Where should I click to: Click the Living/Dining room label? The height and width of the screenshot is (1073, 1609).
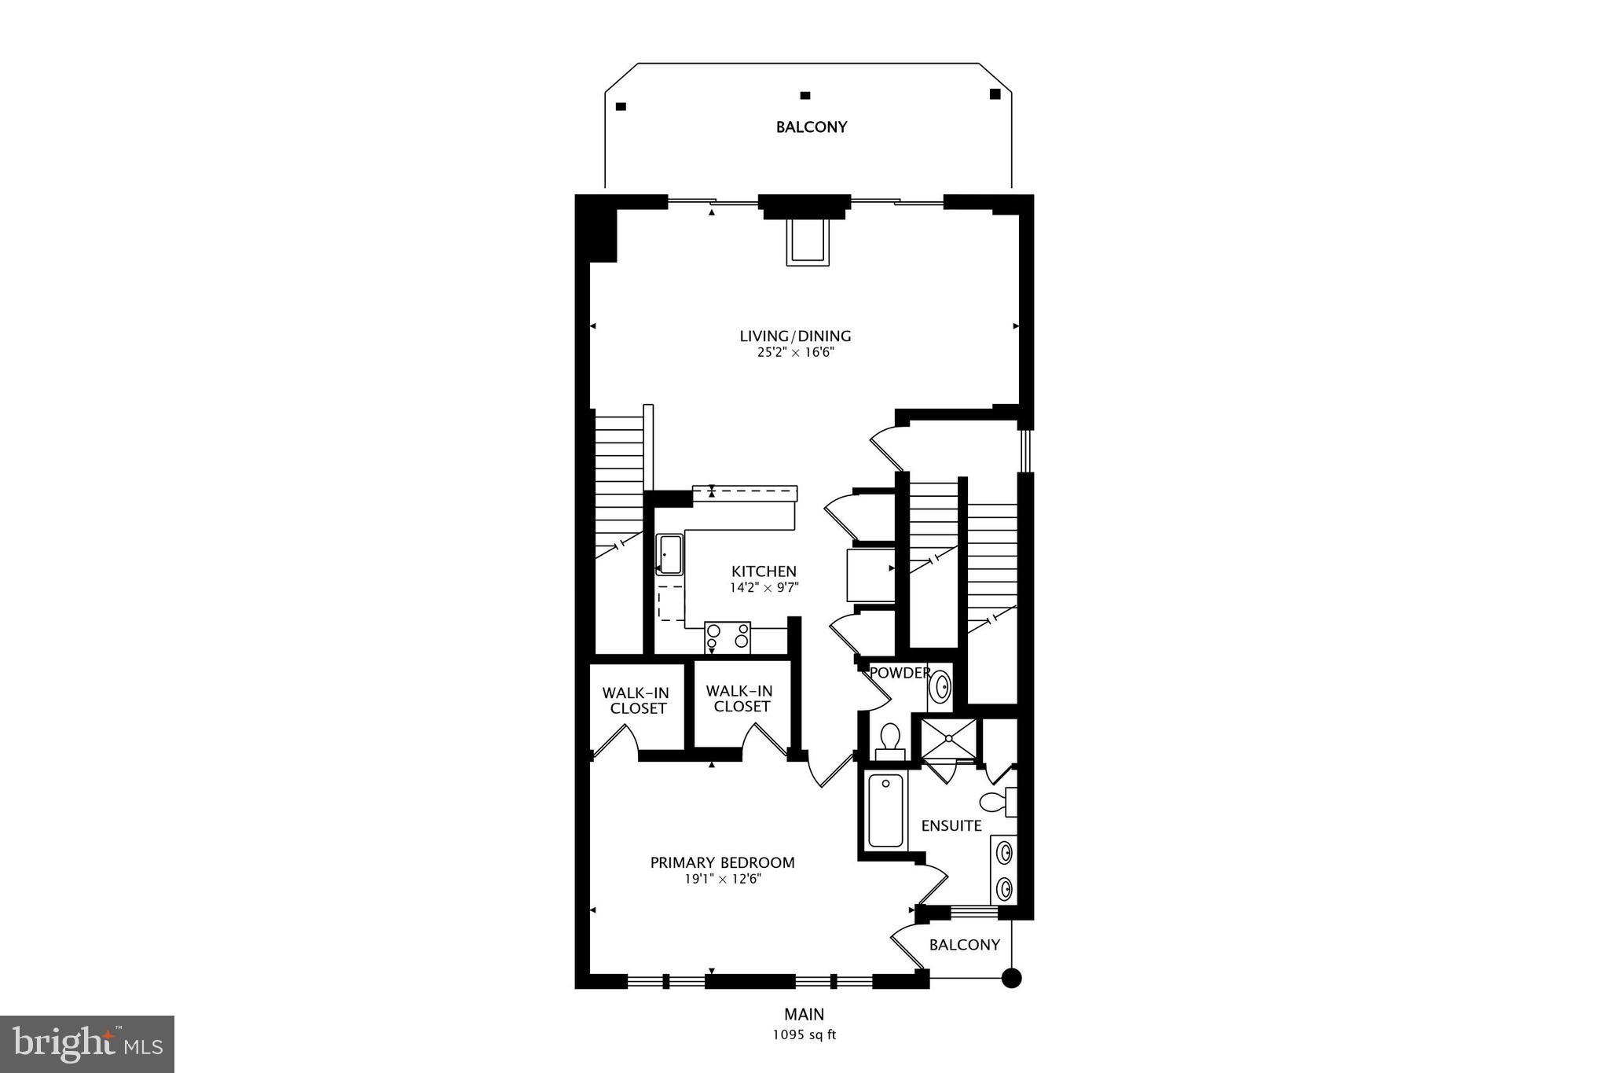pos(795,336)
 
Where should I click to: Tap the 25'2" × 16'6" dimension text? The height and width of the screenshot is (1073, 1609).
pos(795,353)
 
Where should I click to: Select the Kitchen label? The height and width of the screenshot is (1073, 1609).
pos(764,571)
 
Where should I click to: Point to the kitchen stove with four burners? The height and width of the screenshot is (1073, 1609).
pos(728,637)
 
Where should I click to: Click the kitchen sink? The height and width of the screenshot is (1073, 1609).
pos(669,554)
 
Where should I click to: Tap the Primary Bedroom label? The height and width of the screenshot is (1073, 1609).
pos(722,862)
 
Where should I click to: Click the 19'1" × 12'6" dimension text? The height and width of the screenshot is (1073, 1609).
pos(723,879)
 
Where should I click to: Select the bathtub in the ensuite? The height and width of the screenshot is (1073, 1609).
pos(885,810)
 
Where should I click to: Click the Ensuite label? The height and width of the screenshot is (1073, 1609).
pos(951,825)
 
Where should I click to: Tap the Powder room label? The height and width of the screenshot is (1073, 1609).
pos(900,673)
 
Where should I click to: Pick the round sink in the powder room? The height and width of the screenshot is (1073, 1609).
pos(940,687)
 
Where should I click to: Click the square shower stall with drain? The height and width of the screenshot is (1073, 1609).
pos(949,739)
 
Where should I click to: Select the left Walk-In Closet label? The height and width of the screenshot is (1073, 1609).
pos(636,700)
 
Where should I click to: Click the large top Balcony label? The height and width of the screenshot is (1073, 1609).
pos(812,127)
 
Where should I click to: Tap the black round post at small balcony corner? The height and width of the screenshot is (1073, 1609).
pos(1012,978)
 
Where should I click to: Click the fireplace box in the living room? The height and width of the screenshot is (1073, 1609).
pos(807,242)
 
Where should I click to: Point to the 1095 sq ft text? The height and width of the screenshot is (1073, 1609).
pos(804,1034)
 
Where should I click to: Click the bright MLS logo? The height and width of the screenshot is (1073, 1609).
pos(87,1043)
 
